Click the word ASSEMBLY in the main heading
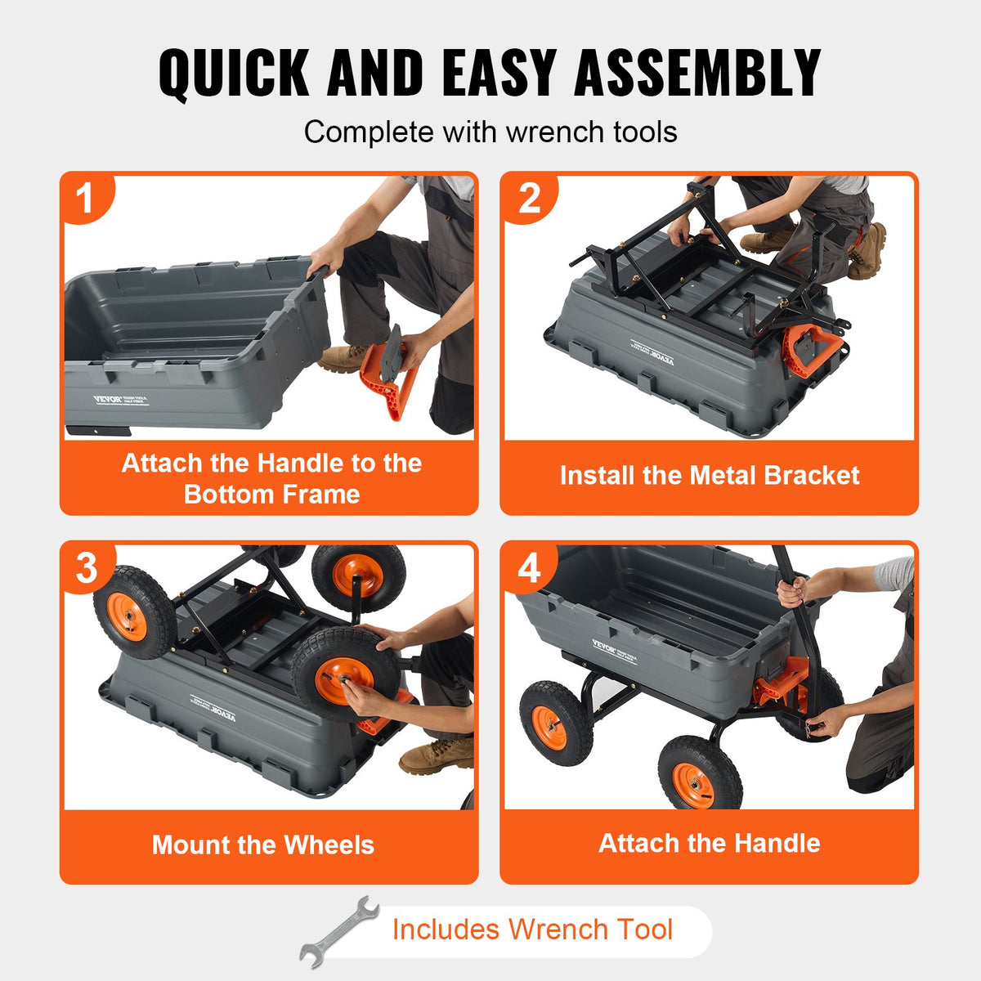click(x=697, y=74)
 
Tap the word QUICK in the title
click(x=234, y=74)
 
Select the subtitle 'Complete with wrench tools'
click(x=490, y=132)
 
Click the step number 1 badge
click(x=85, y=199)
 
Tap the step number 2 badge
click(x=529, y=199)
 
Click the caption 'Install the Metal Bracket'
click(x=709, y=476)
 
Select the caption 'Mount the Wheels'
click(x=263, y=844)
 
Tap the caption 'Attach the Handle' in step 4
click(x=709, y=843)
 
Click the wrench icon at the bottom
click(x=338, y=931)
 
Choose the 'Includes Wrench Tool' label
click(x=532, y=929)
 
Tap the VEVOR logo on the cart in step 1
click(x=107, y=400)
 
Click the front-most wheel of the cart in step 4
click(x=699, y=773)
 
